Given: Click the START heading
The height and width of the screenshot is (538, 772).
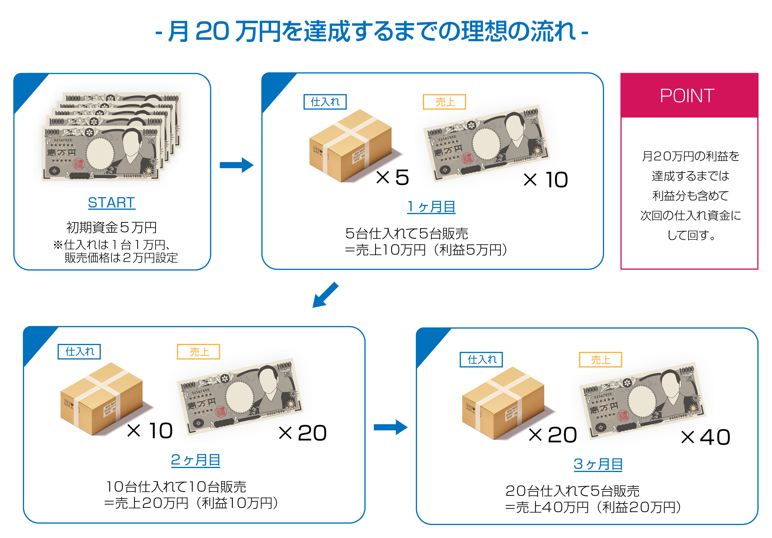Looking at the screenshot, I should pyautogui.click(x=111, y=203).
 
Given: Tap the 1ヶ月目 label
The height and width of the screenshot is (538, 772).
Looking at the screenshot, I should pyautogui.click(x=431, y=207).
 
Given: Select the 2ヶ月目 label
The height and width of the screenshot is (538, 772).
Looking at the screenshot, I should pyautogui.click(x=195, y=460).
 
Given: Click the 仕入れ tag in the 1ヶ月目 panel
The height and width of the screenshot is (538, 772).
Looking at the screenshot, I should pyautogui.click(x=325, y=102).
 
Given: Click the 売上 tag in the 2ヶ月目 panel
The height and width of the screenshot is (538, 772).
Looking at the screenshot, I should pyautogui.click(x=198, y=352).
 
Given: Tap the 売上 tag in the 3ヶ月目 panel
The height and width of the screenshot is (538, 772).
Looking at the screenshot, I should pyautogui.click(x=600, y=360).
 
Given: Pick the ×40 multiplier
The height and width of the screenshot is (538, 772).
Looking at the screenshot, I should pyautogui.click(x=705, y=437).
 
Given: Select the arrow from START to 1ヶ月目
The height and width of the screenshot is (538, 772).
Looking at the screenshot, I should pyautogui.click(x=236, y=165).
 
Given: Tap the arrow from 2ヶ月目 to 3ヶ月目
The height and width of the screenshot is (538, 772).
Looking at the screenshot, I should pyautogui.click(x=390, y=427).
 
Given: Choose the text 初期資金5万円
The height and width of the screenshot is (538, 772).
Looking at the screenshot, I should pyautogui.click(x=112, y=227).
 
